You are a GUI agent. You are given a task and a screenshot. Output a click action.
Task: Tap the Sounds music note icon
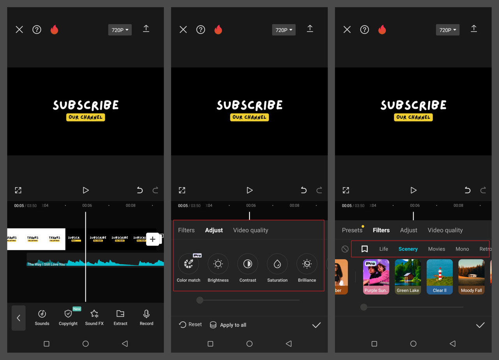pyautogui.click(x=42, y=314)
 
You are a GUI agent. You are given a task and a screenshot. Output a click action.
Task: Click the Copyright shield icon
pyautogui.click(x=68, y=314)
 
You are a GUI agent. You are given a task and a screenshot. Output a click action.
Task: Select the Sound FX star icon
pyautogui.click(x=94, y=314)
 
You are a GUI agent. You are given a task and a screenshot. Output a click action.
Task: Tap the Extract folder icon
pyautogui.click(x=120, y=314)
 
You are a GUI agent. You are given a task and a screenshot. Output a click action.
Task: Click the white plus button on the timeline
pyautogui.click(x=152, y=239)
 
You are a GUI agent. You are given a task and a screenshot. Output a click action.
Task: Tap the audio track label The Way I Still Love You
pyautogui.click(x=46, y=264)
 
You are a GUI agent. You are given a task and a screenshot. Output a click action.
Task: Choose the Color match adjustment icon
pyautogui.click(x=189, y=264)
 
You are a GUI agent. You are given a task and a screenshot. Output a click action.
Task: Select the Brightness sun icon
pyautogui.click(x=218, y=264)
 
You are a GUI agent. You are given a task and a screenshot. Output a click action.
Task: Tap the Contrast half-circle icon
pyautogui.click(x=248, y=264)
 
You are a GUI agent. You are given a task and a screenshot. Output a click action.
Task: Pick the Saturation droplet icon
pyautogui.click(x=277, y=264)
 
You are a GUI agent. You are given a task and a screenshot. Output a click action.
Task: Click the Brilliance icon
pyautogui.click(x=307, y=264)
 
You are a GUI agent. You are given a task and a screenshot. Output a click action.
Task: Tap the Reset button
pyautogui.click(x=190, y=325)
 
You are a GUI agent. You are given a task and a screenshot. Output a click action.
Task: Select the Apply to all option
pyautogui.click(x=228, y=325)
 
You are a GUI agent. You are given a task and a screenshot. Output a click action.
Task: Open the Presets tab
pyautogui.click(x=352, y=230)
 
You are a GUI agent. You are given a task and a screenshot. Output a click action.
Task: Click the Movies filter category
pyautogui.click(x=437, y=249)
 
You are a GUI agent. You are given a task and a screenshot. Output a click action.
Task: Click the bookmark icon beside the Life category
pyautogui.click(x=365, y=249)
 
